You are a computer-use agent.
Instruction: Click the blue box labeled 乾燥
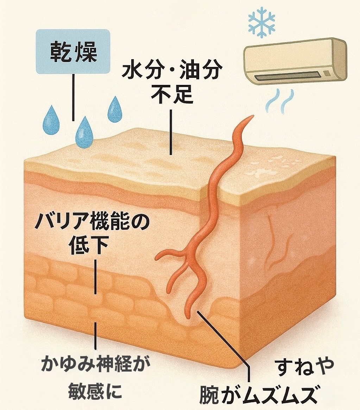73,51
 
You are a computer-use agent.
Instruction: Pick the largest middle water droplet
84,131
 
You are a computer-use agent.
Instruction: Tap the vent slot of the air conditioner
289,75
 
